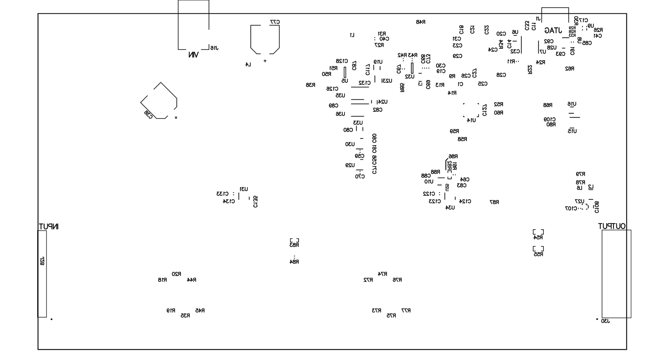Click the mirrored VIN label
193,55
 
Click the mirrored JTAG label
553,31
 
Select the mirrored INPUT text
49,226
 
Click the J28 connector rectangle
42,274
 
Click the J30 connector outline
616,274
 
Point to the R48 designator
421,22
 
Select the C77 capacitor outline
265,39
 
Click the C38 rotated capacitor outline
159,101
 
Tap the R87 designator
494,202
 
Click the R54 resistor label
538,238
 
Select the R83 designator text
294,245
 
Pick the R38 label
311,85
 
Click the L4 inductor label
248,65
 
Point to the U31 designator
244,189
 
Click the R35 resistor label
185,316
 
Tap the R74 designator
383,274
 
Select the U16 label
572,104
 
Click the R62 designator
569,68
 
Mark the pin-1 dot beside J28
51,319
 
